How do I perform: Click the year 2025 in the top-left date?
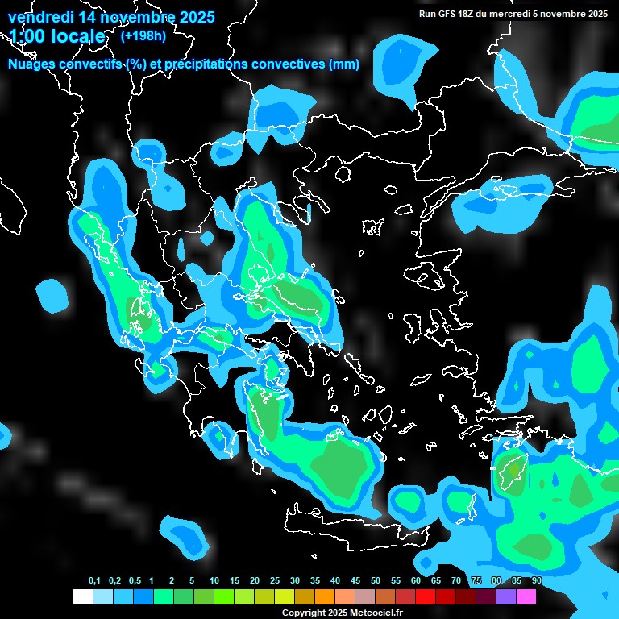pos(193,17)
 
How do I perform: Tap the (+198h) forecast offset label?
pos(143,36)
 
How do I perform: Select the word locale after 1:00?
pos(78,36)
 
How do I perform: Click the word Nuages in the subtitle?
pos(33,64)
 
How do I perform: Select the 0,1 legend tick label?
pos(94,581)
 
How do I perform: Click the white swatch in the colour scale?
pos(82,596)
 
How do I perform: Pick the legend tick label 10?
pos(214,581)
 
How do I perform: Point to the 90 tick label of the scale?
pos(537,581)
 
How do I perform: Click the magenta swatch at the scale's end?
pos(526,596)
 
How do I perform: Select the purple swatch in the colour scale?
pos(505,596)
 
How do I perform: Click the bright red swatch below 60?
pos(425,596)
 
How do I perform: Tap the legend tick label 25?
pos(275,581)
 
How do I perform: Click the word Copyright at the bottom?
pos(305,613)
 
